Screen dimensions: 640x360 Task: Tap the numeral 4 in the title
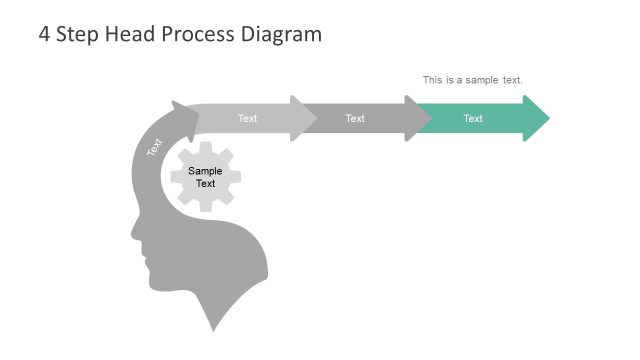(44, 34)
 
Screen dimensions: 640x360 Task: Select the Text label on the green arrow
(473, 119)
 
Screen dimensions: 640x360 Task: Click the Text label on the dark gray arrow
(355, 119)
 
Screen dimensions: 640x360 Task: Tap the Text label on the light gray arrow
(247, 119)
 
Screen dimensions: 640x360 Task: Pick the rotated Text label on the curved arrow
(154, 147)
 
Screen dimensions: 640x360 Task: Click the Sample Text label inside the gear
(205, 177)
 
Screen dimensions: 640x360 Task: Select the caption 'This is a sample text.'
(472, 80)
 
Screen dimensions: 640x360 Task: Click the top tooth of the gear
(205, 147)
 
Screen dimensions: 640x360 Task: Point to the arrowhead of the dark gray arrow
(418, 119)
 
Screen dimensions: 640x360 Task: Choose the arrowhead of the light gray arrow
(304, 119)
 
